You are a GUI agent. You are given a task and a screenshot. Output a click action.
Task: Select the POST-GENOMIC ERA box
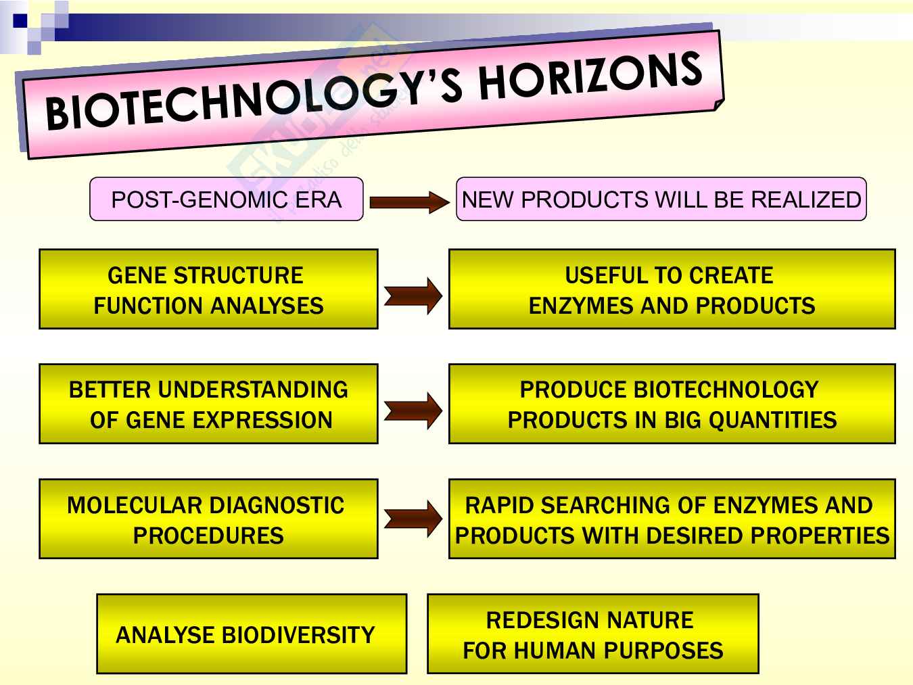click(227, 199)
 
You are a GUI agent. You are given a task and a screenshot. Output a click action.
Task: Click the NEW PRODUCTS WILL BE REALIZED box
click(661, 199)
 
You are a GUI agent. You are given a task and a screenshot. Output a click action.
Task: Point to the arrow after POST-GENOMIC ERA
click(410, 203)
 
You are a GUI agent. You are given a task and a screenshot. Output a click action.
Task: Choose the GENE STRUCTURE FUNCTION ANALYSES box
click(208, 289)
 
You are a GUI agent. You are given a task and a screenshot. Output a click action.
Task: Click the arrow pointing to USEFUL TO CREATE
click(413, 296)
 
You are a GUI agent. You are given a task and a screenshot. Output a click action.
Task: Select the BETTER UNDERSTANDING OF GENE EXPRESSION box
click(208, 404)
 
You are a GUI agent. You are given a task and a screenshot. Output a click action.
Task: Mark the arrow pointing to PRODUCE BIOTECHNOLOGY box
click(413, 411)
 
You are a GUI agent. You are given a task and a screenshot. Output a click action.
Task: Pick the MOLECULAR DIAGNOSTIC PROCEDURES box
click(208, 519)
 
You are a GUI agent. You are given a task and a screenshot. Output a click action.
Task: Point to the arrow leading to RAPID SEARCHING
click(413, 519)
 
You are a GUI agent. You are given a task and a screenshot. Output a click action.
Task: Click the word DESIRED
click(697, 536)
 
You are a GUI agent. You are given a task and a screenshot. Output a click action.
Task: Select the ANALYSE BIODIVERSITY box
click(252, 634)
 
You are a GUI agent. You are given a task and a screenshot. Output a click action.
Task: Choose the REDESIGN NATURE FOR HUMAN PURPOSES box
click(593, 634)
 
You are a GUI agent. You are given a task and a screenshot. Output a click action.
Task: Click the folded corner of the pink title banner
click(719, 105)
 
